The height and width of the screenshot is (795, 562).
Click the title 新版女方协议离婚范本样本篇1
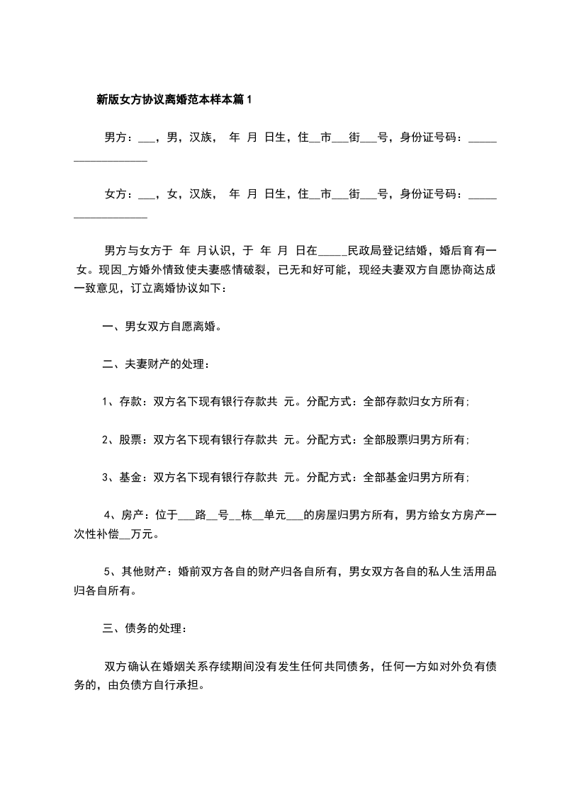tap(174, 100)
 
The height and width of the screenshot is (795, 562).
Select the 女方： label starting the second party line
tap(118, 193)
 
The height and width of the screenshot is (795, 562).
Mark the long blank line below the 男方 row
tap(111, 160)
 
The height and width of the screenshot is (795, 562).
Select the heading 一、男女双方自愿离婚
tap(162, 326)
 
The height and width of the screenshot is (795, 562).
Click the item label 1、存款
tap(122, 402)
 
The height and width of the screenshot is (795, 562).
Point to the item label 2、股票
tap(122, 440)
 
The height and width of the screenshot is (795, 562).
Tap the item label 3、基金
tap(122, 478)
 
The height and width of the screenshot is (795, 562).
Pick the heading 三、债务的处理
tap(145, 628)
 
